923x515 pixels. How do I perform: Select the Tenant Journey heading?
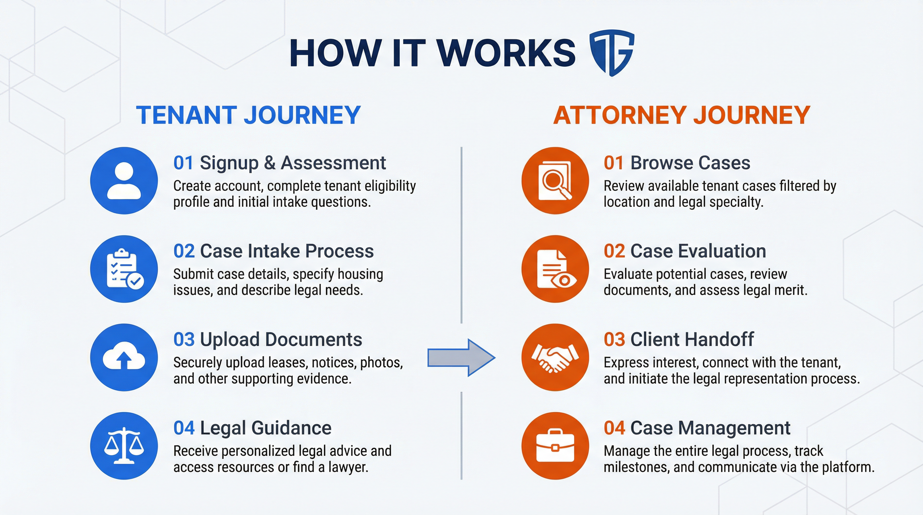(x=248, y=115)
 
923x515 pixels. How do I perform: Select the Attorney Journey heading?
(x=682, y=115)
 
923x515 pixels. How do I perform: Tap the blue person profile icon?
(x=124, y=180)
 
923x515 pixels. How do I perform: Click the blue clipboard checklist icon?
(x=124, y=269)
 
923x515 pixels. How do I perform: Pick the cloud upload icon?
(x=124, y=357)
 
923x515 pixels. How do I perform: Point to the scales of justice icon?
(x=124, y=446)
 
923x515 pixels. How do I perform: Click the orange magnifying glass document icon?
(x=555, y=180)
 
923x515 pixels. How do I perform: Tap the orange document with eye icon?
(x=555, y=269)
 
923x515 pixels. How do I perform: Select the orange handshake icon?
(x=555, y=357)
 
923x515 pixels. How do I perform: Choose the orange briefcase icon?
(x=555, y=446)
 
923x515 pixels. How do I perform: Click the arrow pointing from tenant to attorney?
(x=461, y=357)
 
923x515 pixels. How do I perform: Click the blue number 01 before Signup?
(x=183, y=163)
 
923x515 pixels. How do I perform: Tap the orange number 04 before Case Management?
(x=614, y=428)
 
